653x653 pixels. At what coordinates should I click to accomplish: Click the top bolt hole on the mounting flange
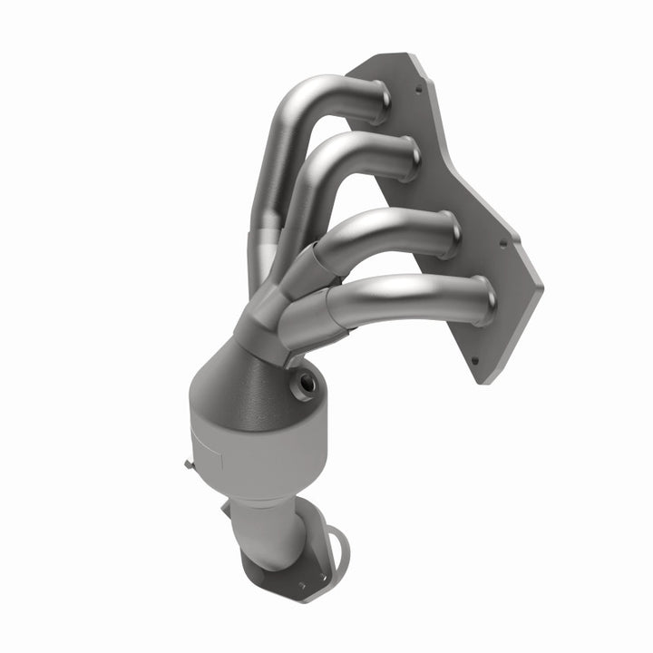(418, 91)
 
